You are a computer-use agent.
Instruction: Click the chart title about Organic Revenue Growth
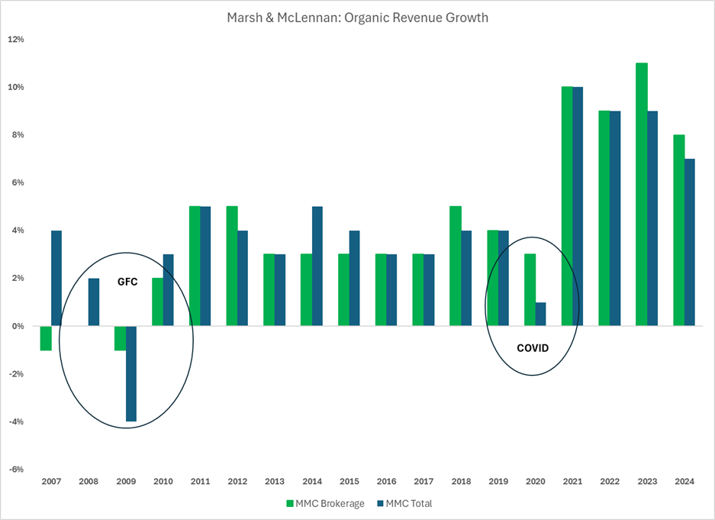pos(356,17)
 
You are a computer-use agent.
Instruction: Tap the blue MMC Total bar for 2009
pos(131,373)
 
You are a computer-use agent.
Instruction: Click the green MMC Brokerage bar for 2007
pos(46,338)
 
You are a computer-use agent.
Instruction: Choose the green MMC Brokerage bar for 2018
pos(455,266)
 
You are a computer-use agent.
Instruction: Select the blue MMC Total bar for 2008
pos(94,302)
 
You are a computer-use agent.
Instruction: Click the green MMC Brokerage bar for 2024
pos(679,230)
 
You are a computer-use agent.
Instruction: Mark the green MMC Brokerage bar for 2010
pos(158,302)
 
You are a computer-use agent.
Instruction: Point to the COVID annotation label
pos(533,348)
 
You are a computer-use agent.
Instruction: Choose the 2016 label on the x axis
pos(386,483)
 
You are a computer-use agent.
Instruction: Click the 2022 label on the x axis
pos(610,483)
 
